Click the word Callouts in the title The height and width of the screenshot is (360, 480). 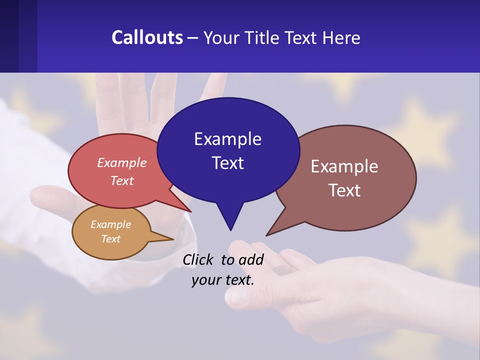[x=147, y=37]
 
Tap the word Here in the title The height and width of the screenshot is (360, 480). [x=341, y=37]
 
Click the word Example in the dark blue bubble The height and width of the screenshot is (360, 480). [x=227, y=139]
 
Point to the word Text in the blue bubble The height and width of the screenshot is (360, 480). [x=227, y=163]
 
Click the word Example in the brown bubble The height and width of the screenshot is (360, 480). [x=344, y=166]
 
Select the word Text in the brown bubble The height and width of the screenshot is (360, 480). [x=344, y=190]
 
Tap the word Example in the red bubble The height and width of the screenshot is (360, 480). [x=122, y=162]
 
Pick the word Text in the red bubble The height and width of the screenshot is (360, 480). [x=122, y=180]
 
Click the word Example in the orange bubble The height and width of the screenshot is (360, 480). [x=110, y=224]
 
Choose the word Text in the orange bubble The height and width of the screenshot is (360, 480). [x=110, y=239]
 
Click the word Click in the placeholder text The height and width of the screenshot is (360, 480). [x=198, y=259]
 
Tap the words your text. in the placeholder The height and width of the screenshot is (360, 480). [x=223, y=280]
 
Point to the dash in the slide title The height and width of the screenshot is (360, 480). [x=193, y=38]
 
